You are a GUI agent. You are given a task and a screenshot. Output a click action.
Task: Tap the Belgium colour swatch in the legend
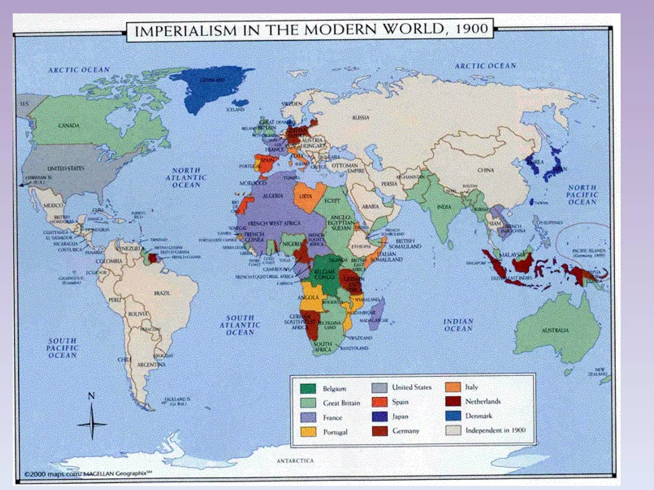[308, 389]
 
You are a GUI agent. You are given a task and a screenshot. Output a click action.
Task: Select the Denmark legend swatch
[453, 416]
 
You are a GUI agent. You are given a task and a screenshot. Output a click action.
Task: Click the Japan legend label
[400, 417]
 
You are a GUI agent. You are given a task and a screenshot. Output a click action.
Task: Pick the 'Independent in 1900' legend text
[495, 430]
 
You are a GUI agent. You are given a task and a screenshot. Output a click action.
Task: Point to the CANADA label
[69, 125]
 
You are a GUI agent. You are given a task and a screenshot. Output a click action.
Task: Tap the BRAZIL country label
[162, 293]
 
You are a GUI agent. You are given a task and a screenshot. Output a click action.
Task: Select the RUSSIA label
[361, 118]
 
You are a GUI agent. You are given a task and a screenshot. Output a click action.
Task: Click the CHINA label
[485, 170]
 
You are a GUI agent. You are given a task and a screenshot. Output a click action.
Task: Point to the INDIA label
[444, 207]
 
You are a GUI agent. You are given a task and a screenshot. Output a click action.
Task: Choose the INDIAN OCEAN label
[458, 325]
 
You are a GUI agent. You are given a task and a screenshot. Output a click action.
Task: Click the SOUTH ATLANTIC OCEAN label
[240, 325]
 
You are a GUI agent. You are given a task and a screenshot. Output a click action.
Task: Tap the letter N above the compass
[91, 396]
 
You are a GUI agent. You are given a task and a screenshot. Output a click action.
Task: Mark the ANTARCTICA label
[295, 461]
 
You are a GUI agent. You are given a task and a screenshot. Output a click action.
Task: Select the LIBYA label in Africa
[306, 197]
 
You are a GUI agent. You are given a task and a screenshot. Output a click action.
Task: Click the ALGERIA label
[273, 196]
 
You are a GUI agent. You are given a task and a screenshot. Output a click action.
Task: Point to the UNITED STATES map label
[66, 168]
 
